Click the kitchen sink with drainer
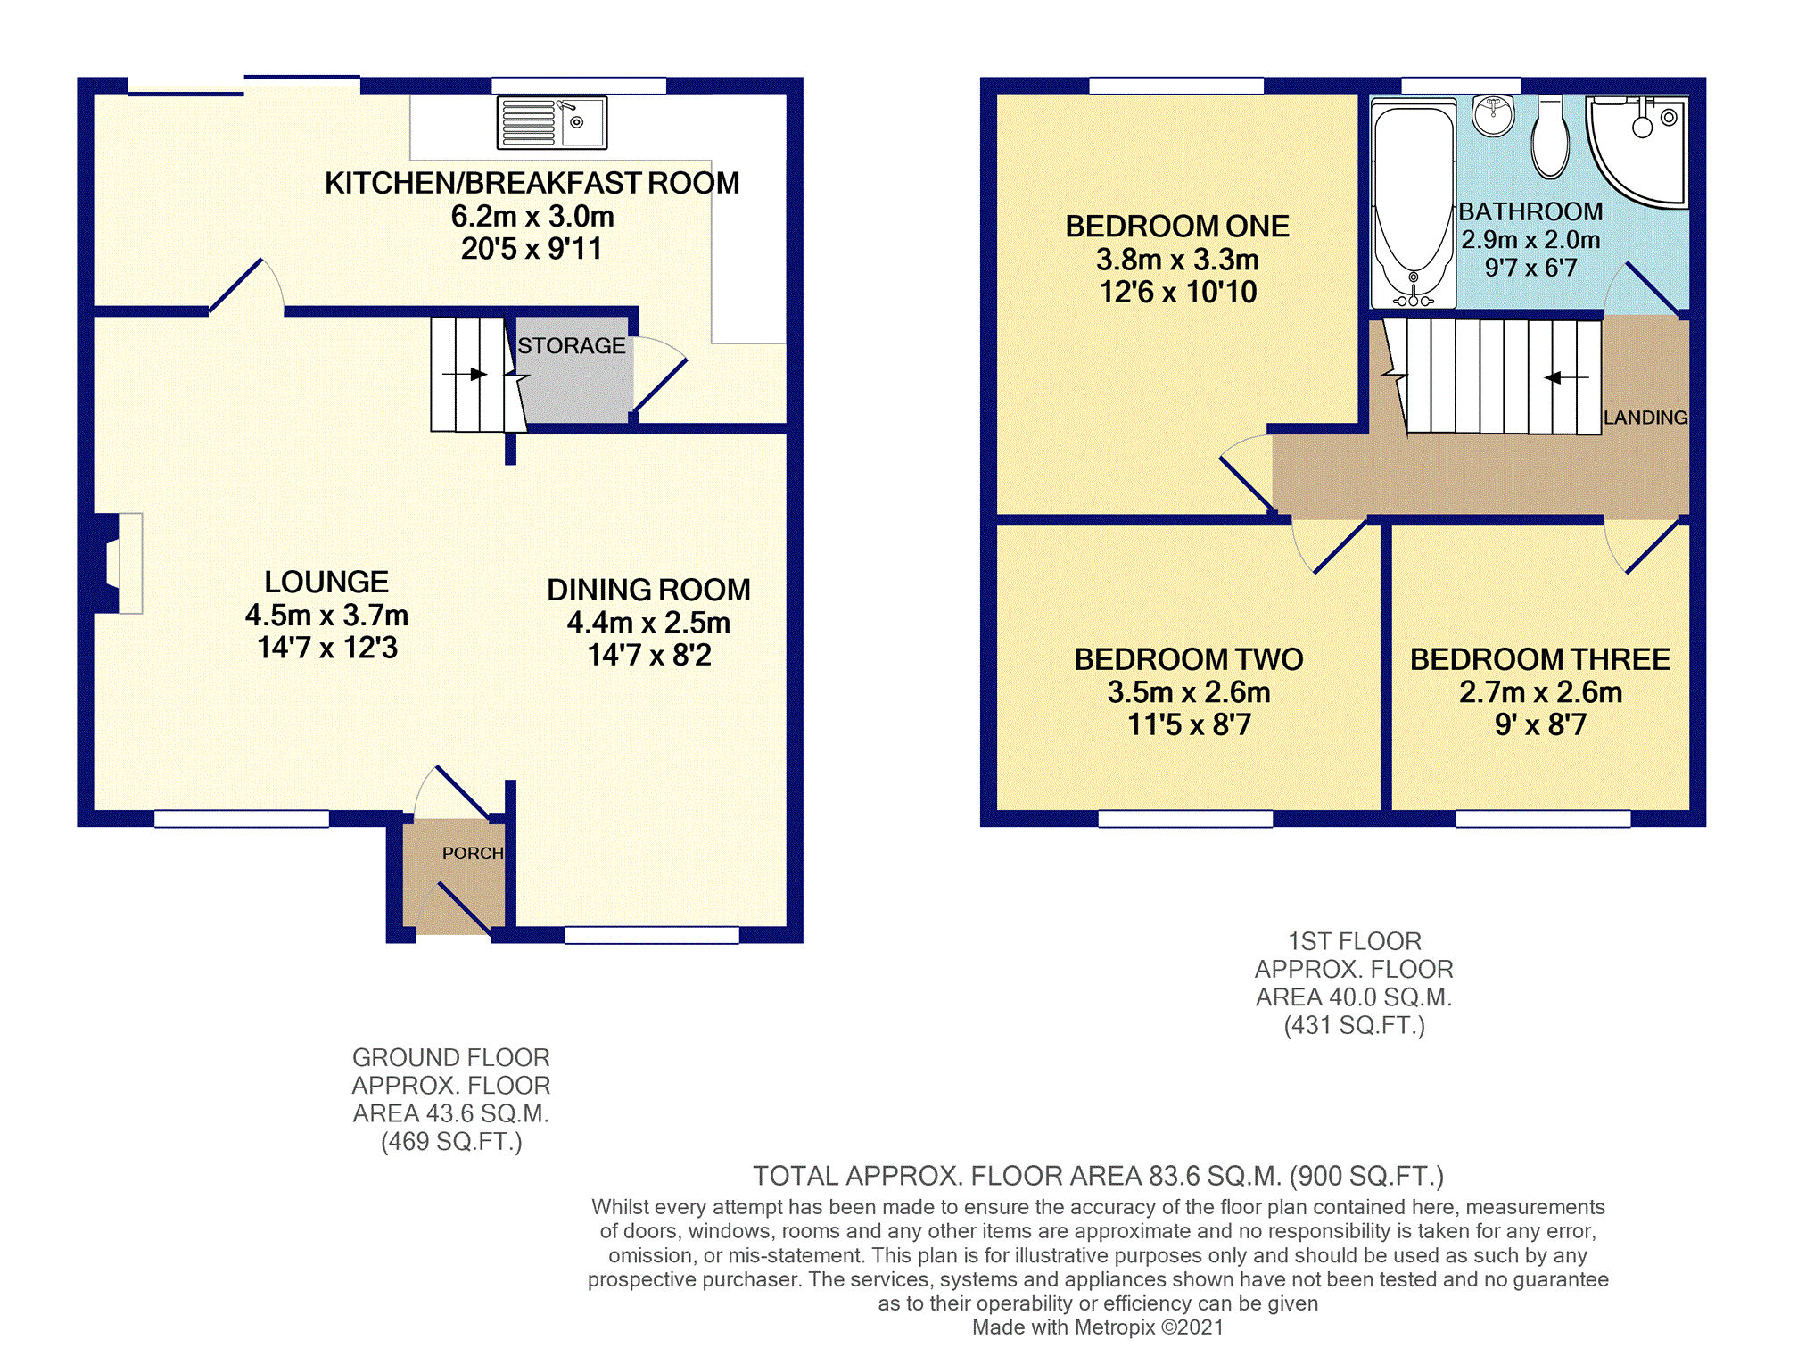coord(552,122)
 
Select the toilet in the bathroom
coord(1550,137)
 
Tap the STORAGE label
coord(572,346)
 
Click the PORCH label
coord(473,854)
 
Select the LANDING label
coord(1645,418)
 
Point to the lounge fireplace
coord(116,563)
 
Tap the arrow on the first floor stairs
coord(1566,377)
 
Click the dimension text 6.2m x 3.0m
coord(532,217)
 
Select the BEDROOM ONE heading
coord(1177,227)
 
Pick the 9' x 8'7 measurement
coord(1540,724)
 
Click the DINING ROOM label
coord(648,590)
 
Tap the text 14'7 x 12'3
coord(327,648)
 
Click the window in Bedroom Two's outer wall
coord(1185,819)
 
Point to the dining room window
coord(652,935)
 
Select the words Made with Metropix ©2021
coord(1098,1327)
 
